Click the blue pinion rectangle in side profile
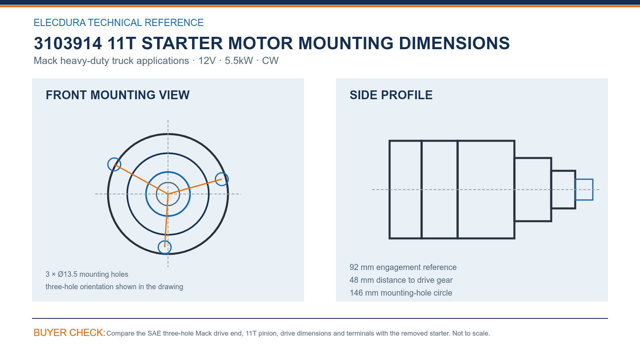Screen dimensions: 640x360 [x=584, y=180]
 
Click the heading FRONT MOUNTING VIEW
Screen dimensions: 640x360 [x=118, y=95]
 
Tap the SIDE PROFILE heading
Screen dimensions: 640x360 [x=391, y=95]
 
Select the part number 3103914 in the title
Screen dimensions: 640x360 [x=68, y=43]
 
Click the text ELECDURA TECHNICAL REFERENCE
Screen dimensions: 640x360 [x=118, y=22]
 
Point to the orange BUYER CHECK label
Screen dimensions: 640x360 [x=70, y=333]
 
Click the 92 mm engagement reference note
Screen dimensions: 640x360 [x=403, y=267]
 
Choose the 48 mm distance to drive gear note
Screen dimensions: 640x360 [x=401, y=280]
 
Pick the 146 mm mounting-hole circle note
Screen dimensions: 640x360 [x=400, y=293]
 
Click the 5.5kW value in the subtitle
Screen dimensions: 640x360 [x=239, y=60]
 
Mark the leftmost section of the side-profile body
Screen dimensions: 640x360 [x=390, y=190]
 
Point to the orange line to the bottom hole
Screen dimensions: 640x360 [x=166, y=220]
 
